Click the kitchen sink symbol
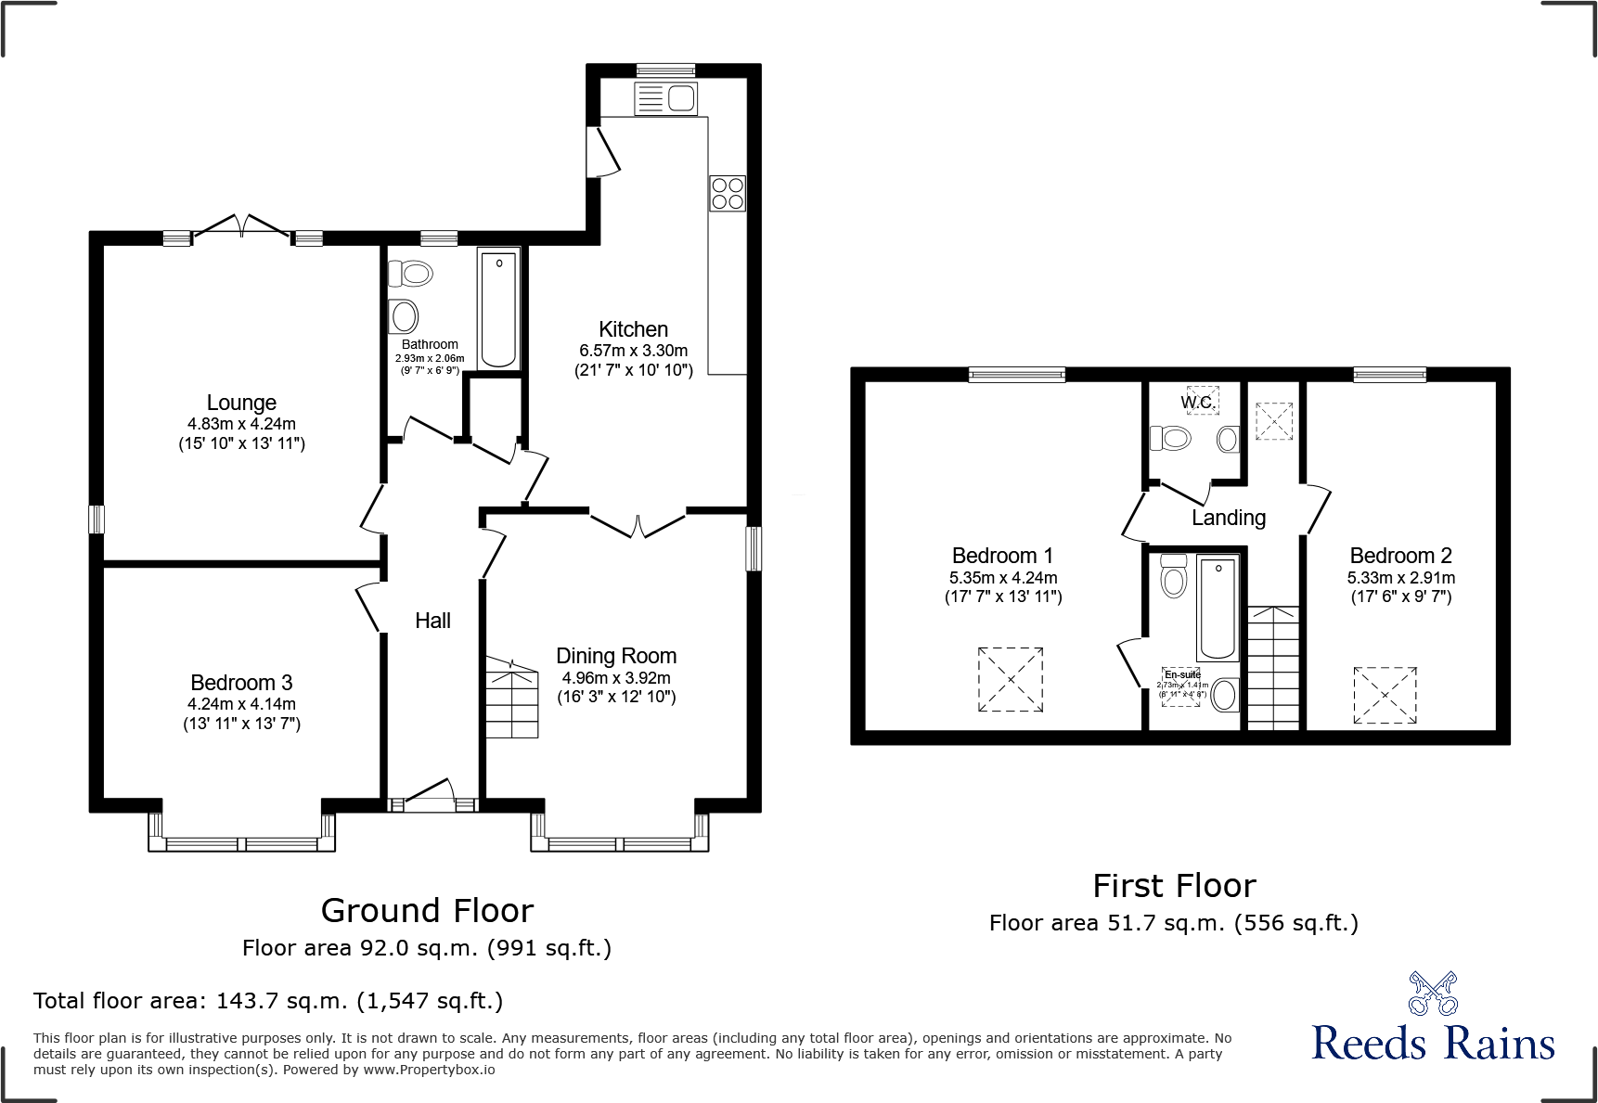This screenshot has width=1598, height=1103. [x=665, y=98]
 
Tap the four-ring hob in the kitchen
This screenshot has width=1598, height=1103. [x=728, y=194]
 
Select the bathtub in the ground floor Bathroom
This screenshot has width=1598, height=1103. [x=499, y=308]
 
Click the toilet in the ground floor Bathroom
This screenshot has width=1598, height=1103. [x=412, y=274]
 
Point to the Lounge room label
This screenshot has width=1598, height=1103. [x=241, y=403]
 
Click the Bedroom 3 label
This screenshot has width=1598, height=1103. [x=241, y=683]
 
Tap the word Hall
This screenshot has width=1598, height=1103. [x=432, y=621]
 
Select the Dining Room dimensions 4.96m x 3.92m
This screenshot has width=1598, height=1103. [x=616, y=678]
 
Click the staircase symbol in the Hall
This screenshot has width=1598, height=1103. [x=511, y=699]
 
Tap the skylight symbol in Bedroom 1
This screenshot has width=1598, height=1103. [x=1011, y=680]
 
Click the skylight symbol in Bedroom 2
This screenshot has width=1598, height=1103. [x=1385, y=695]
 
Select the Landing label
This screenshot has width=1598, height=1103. [x=1229, y=518]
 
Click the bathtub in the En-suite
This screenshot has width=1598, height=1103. [x=1218, y=608]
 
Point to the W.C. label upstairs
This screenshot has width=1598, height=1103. [x=1197, y=402]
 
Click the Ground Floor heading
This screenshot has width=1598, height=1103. [x=427, y=911]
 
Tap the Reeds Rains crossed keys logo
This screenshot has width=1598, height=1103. [x=1433, y=994]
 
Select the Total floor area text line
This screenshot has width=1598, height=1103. [x=268, y=1001]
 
